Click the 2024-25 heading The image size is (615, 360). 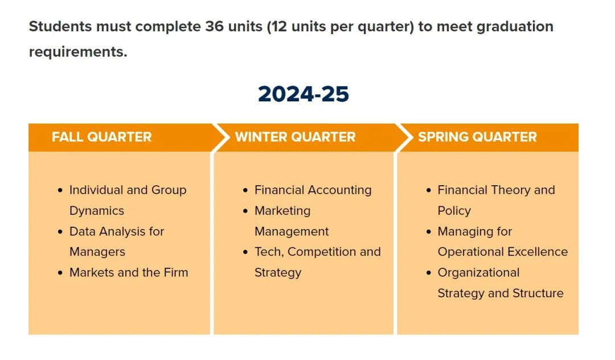pyautogui.click(x=303, y=94)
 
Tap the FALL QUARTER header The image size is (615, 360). pyautogui.click(x=101, y=137)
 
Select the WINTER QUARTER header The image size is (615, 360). pyautogui.click(x=295, y=137)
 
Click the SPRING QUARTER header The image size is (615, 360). pyautogui.click(x=477, y=137)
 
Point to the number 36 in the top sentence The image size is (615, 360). pyautogui.click(x=214, y=26)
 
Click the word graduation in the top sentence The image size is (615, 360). pyautogui.click(x=515, y=27)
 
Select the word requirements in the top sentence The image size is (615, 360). pyautogui.click(x=77, y=52)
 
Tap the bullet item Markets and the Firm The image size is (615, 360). pyautogui.click(x=129, y=272)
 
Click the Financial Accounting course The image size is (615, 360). pyautogui.click(x=313, y=190)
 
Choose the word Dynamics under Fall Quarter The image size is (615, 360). pyautogui.click(x=96, y=211)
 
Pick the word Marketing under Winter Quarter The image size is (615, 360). pyautogui.click(x=282, y=211)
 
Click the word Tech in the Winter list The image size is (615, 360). pyautogui.click(x=269, y=252)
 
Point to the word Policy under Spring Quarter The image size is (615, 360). pyautogui.click(x=454, y=211)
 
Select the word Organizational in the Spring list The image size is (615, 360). pyautogui.click(x=478, y=272)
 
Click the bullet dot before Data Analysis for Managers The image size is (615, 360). pyautogui.click(x=60, y=232)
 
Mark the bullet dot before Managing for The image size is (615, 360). pyautogui.click(x=428, y=232)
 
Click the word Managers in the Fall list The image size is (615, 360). pyautogui.click(x=97, y=252)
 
